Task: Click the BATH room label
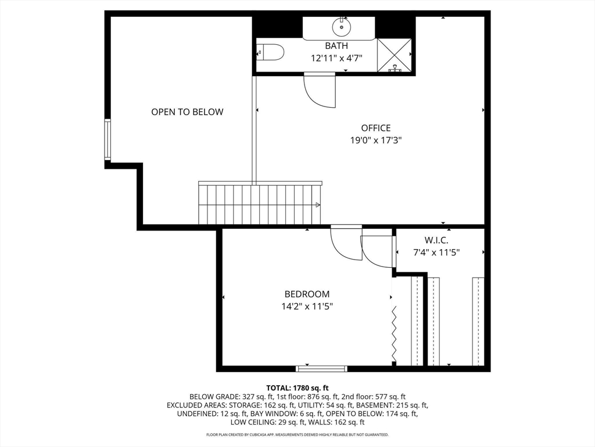coord(336,45)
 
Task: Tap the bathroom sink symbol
coord(340,27)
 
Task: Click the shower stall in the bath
coord(394,55)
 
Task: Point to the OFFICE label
coord(375,128)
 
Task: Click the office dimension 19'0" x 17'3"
coord(375,140)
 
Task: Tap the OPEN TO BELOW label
coord(187,112)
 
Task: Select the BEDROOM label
coord(307,294)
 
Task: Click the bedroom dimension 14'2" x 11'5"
coord(307,306)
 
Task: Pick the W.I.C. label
coord(436,240)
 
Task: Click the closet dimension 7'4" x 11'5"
coord(436,253)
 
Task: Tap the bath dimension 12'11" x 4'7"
coord(336,58)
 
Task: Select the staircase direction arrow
coord(317,205)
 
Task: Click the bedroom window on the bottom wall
coord(321,368)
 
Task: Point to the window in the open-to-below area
coord(107,139)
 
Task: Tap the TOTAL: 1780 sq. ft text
coord(297,388)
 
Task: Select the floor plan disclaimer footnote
coord(297,435)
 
